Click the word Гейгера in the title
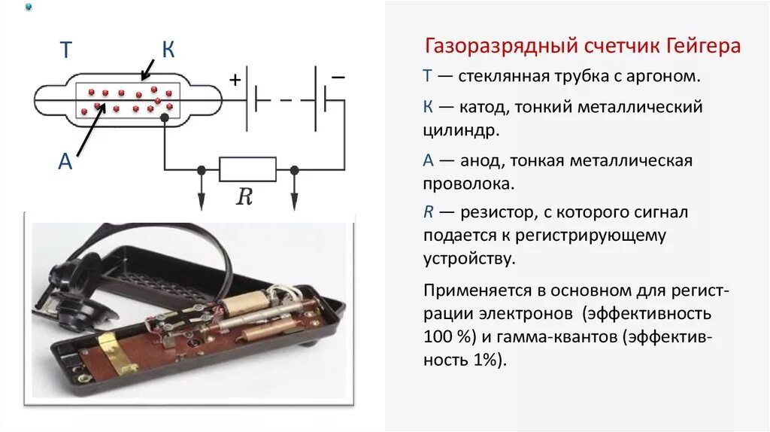[702, 47]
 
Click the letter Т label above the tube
[65, 50]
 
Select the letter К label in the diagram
[168, 50]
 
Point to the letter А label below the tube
[65, 161]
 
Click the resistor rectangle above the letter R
[247, 169]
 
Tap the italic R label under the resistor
[244, 197]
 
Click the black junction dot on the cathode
[165, 117]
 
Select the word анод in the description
[474, 160]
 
